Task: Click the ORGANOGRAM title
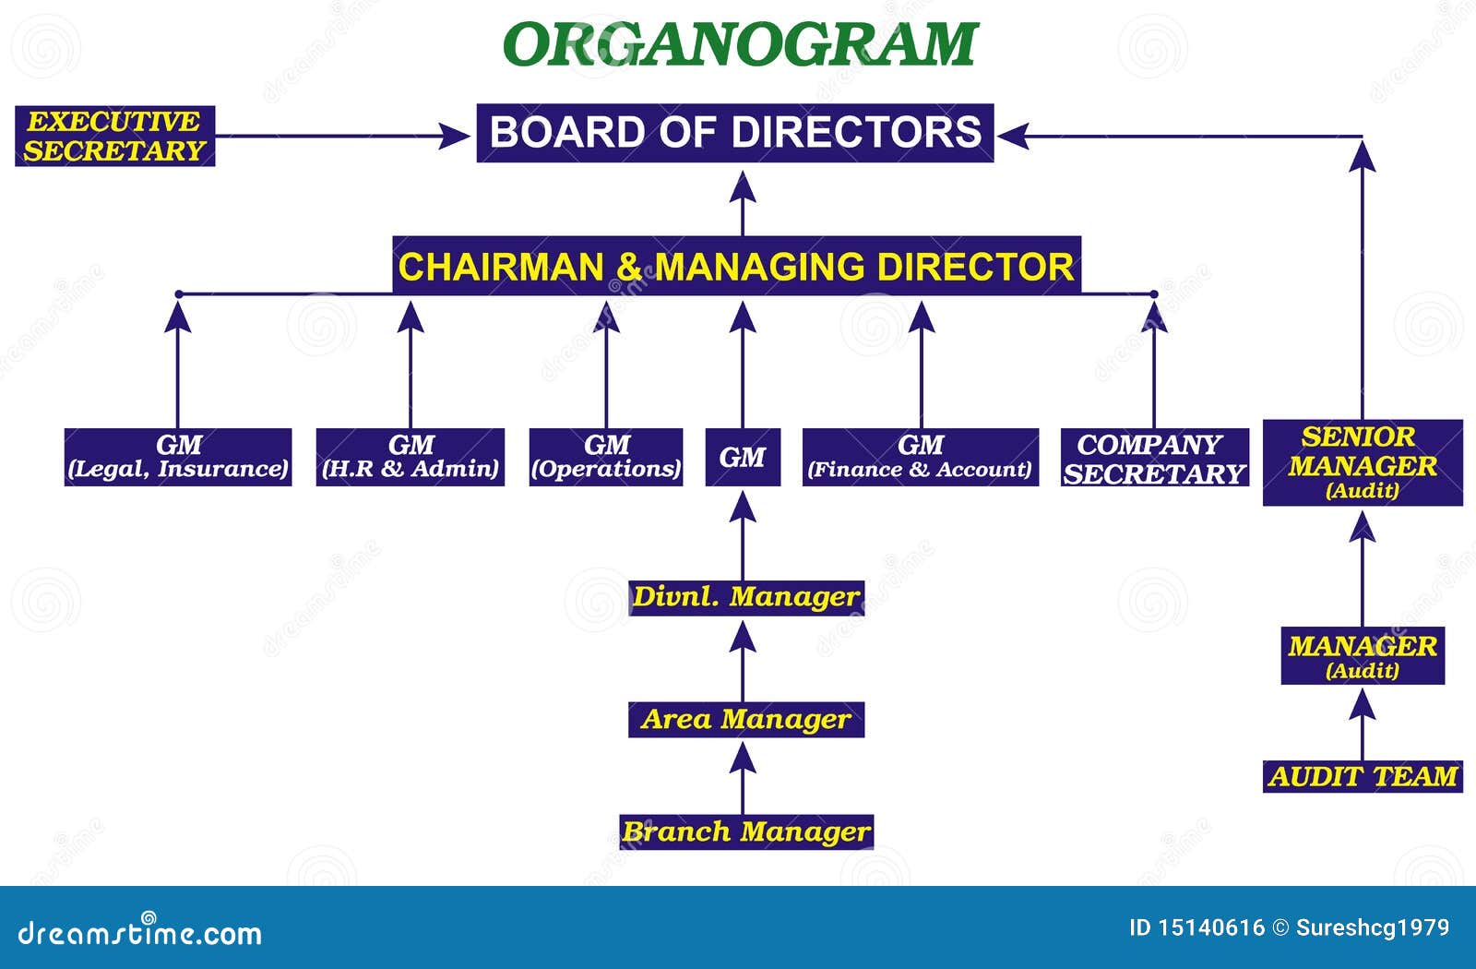741,43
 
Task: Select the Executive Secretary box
115,137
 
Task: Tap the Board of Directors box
735,133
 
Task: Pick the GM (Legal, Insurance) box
178,457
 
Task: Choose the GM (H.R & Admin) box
411,457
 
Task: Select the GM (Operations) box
606,457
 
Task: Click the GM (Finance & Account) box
921,457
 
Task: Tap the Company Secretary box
1155,457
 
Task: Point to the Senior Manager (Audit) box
1363,462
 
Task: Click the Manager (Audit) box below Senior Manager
1363,656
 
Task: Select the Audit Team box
1363,776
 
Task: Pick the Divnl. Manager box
746,598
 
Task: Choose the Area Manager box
746,719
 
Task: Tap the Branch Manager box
746,831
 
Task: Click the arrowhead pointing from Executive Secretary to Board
455,137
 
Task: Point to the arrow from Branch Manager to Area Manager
743,779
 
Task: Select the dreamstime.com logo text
139,932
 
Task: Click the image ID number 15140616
1211,928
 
